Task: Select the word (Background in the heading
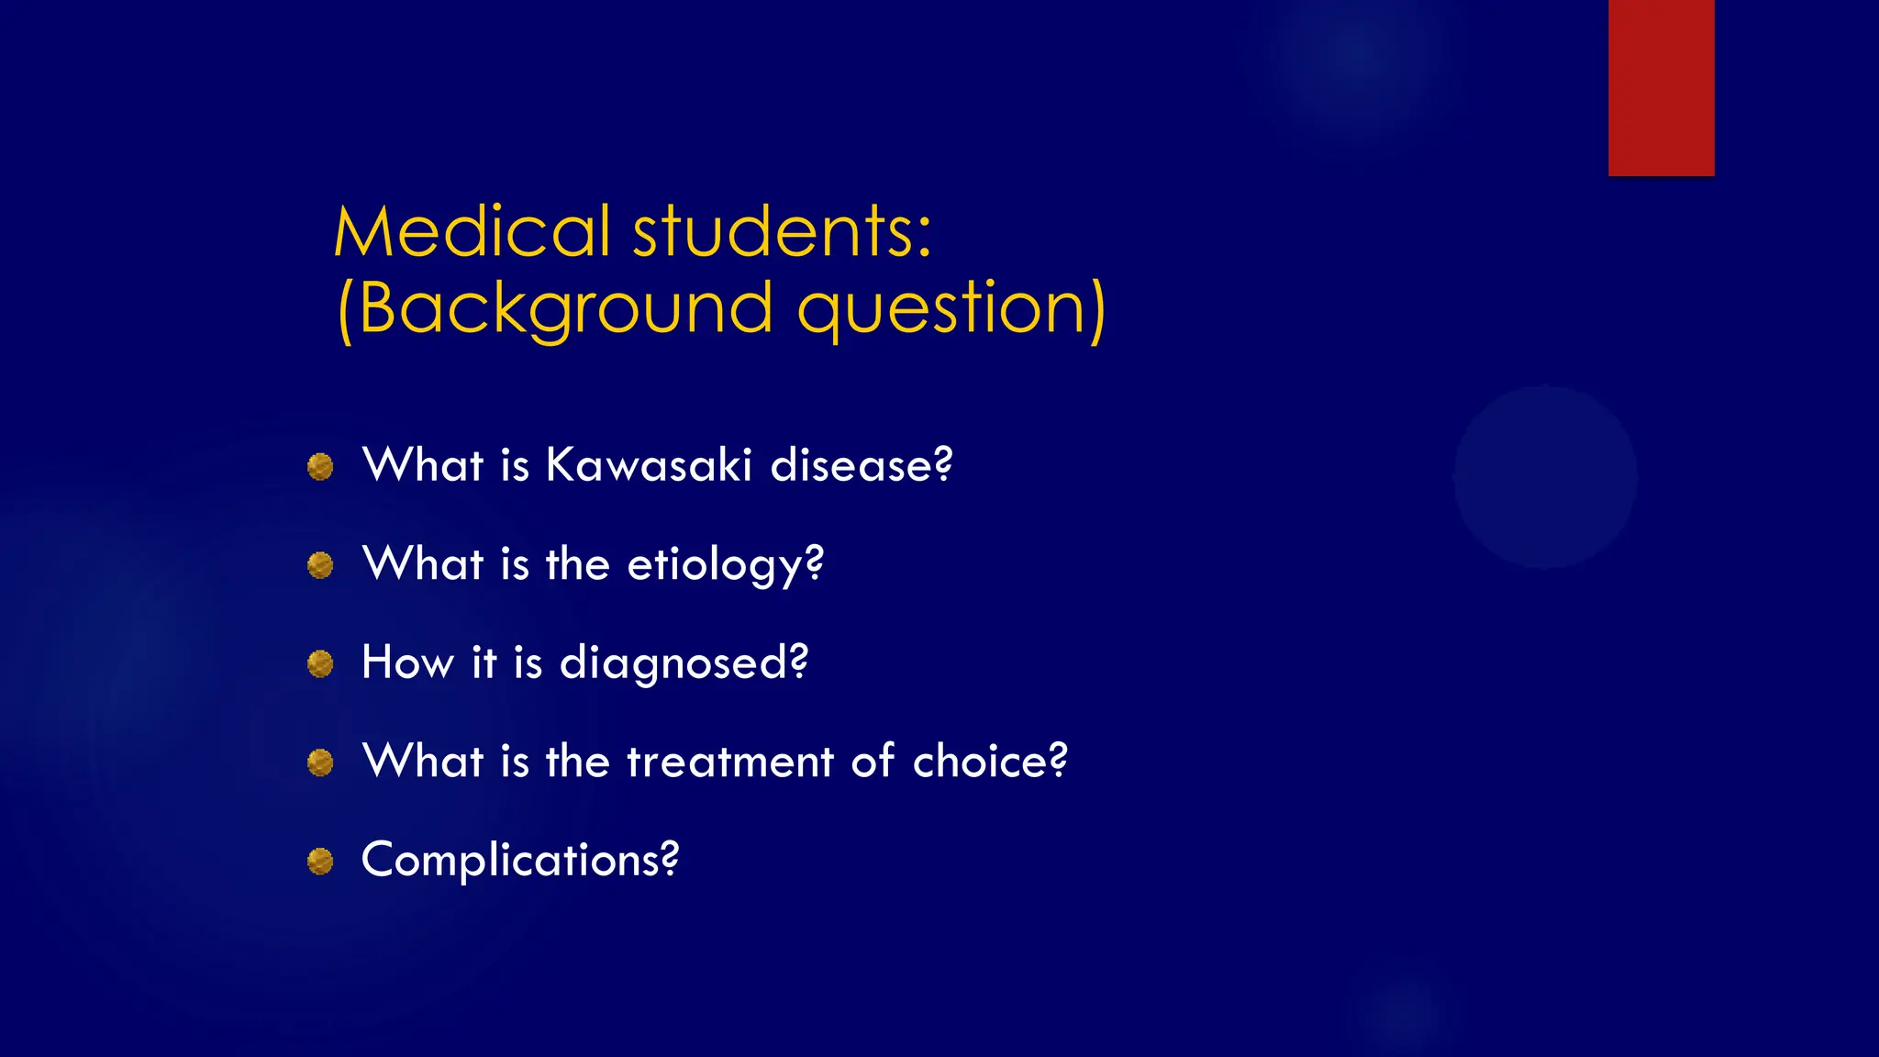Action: (x=554, y=310)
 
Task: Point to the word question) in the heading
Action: (x=951, y=310)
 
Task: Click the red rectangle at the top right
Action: (x=1661, y=87)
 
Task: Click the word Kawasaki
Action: (x=649, y=465)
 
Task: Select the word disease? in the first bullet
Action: (x=862, y=465)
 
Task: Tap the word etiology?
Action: (x=725, y=564)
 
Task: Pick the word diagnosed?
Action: (x=684, y=662)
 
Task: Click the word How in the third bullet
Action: (x=407, y=662)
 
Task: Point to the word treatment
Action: (x=730, y=762)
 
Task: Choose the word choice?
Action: (x=990, y=762)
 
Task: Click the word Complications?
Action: (x=520, y=861)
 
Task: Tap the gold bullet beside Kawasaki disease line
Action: (x=320, y=467)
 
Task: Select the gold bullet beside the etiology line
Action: (x=320, y=565)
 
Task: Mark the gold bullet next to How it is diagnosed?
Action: (x=320, y=663)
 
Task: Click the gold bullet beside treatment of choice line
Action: (x=320, y=762)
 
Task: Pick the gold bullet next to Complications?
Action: (x=320, y=862)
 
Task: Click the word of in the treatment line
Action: (x=872, y=762)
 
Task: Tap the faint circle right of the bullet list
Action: (x=1545, y=477)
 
